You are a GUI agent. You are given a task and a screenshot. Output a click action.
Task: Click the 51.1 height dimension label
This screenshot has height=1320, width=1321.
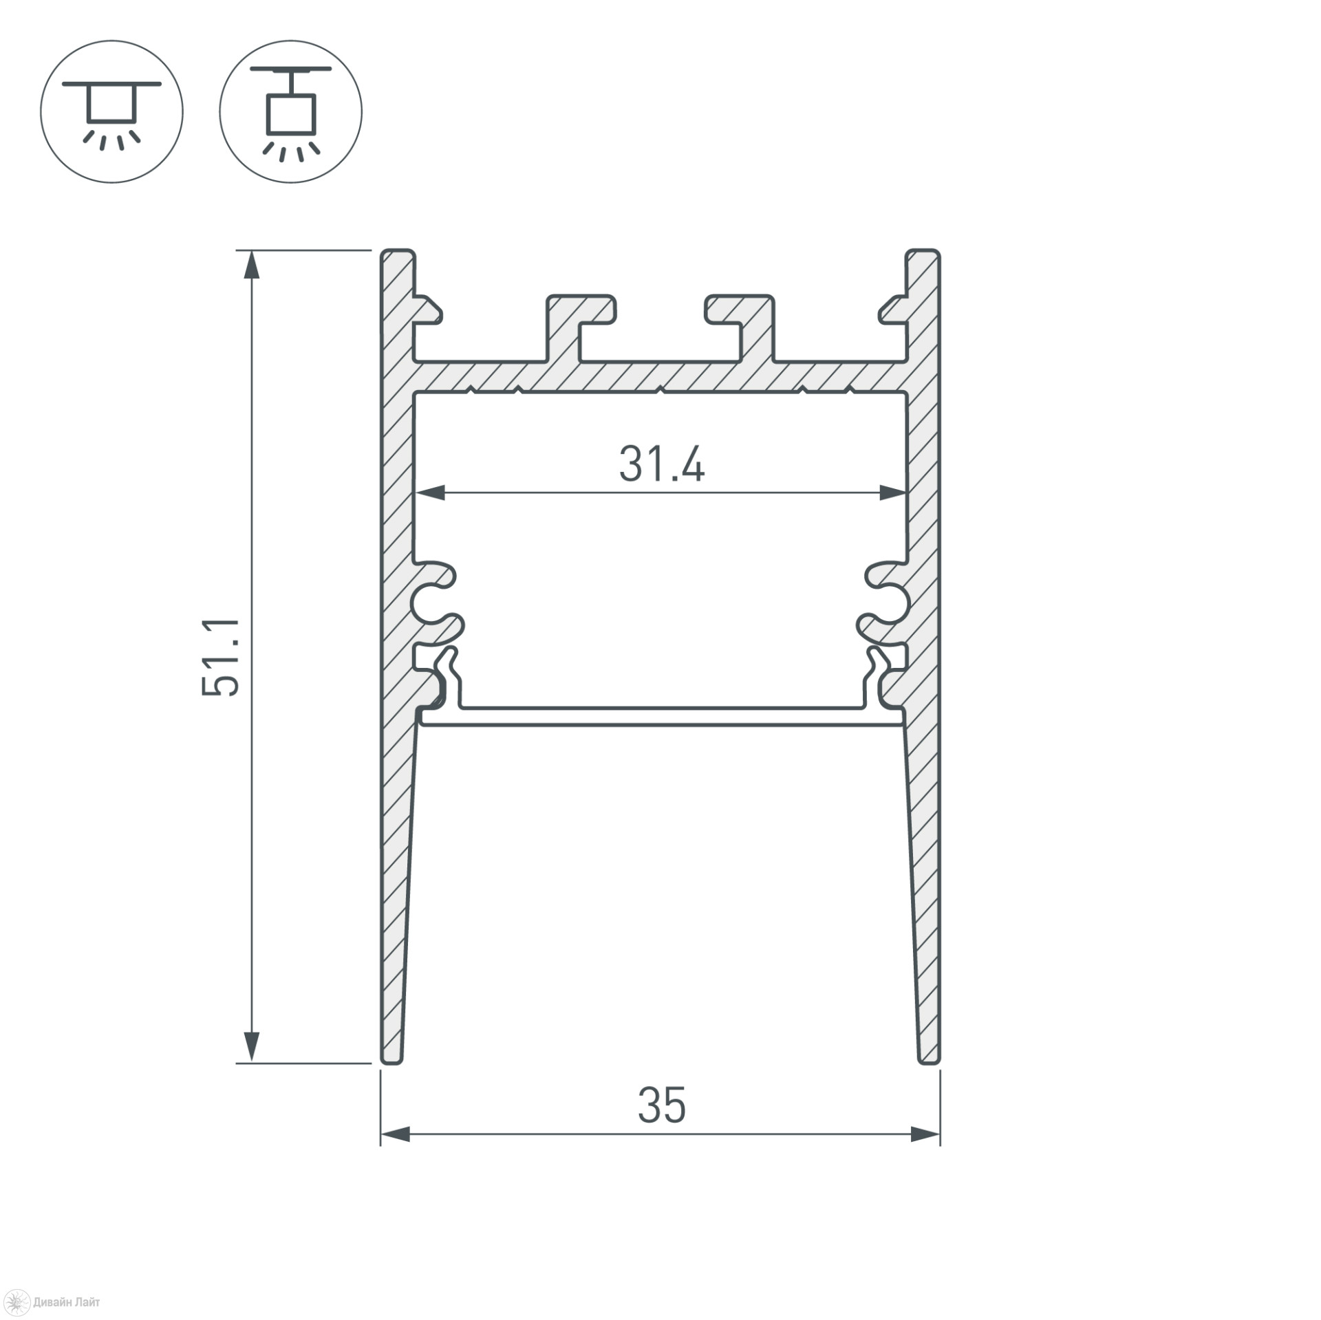tap(221, 658)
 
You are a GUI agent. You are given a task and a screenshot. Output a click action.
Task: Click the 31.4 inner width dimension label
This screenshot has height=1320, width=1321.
tap(662, 464)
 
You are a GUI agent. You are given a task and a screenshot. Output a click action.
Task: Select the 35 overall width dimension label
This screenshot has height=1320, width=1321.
tap(662, 1105)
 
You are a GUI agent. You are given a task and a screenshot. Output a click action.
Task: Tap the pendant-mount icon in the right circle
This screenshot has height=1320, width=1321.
tap(291, 111)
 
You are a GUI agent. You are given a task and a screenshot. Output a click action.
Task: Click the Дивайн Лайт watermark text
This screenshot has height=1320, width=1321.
tap(66, 1302)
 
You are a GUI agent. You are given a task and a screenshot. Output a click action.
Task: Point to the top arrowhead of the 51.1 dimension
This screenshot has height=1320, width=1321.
tap(253, 264)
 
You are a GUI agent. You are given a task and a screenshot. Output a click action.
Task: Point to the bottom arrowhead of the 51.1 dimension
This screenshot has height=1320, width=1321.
tap(253, 1049)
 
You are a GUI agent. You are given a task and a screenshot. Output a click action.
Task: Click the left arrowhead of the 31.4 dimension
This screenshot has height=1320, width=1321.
tap(429, 493)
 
